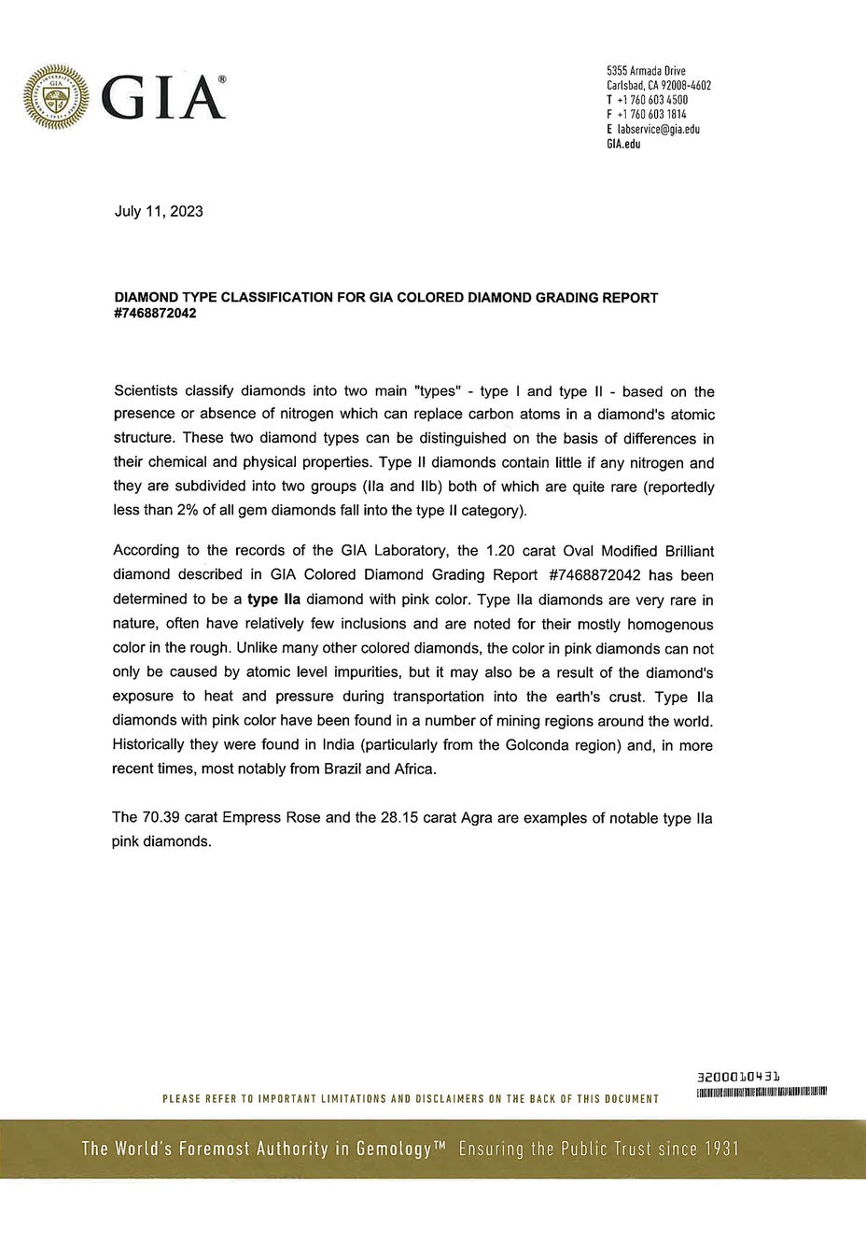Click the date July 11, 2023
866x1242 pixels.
pyautogui.click(x=159, y=211)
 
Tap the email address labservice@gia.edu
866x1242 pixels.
pyautogui.click(x=659, y=129)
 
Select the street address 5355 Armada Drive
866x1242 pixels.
pyautogui.click(x=646, y=71)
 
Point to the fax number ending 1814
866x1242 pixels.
pyautogui.click(x=652, y=114)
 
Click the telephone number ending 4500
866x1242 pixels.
pyautogui.click(x=652, y=100)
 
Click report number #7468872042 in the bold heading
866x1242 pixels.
pyautogui.click(x=155, y=313)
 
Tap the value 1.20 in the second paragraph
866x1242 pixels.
pyautogui.click(x=501, y=551)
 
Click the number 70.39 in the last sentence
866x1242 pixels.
pyautogui.click(x=161, y=817)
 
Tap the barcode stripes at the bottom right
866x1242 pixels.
pyautogui.click(x=762, y=1092)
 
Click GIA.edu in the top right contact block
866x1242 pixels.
pyautogui.click(x=623, y=144)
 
